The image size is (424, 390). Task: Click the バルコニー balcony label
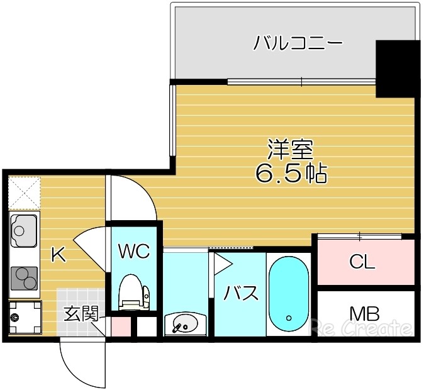(298, 43)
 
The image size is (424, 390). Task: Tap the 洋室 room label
(290, 149)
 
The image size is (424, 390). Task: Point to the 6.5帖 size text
(291, 172)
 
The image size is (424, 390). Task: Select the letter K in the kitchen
(58, 255)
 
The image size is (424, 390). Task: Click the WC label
(134, 252)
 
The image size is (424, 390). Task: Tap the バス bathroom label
(241, 293)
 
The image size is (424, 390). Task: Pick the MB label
(365, 313)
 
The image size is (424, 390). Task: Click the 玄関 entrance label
(81, 313)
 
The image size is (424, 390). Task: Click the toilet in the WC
(133, 292)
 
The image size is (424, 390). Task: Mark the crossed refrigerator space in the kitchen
(25, 192)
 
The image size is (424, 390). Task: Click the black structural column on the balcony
(398, 68)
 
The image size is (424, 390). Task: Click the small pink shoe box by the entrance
(121, 327)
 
